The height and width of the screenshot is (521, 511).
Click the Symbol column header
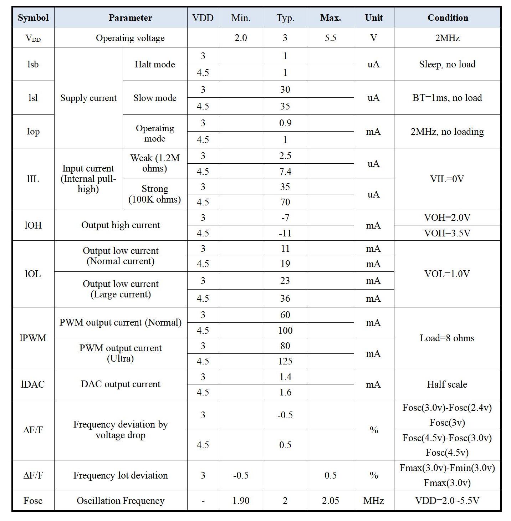(x=33, y=18)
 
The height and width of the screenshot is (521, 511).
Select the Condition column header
(x=448, y=18)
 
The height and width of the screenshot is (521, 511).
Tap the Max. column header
(x=331, y=18)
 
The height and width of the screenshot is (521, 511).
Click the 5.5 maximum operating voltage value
(x=331, y=38)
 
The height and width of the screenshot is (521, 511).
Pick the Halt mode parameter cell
(x=155, y=64)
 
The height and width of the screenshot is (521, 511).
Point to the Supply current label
(x=88, y=98)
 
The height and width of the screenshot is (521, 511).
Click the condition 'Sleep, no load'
(x=447, y=64)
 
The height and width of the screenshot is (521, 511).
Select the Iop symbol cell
(x=33, y=132)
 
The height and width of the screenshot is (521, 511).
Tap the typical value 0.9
(x=285, y=123)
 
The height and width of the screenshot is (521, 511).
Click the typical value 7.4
(x=285, y=172)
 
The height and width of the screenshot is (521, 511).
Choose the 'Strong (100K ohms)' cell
(x=155, y=194)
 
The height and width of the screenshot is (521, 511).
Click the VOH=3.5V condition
(x=447, y=233)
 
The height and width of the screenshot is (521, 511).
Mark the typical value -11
(x=285, y=233)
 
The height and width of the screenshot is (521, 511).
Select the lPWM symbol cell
(x=33, y=338)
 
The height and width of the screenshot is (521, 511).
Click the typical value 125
(x=285, y=361)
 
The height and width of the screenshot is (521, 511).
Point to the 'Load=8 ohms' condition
(x=447, y=338)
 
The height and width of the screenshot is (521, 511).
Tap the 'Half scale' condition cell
(x=447, y=384)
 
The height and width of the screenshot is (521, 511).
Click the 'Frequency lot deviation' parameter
(x=121, y=475)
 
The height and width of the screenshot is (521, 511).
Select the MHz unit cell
(x=374, y=501)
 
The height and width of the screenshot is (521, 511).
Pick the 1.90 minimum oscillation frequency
(x=241, y=501)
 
